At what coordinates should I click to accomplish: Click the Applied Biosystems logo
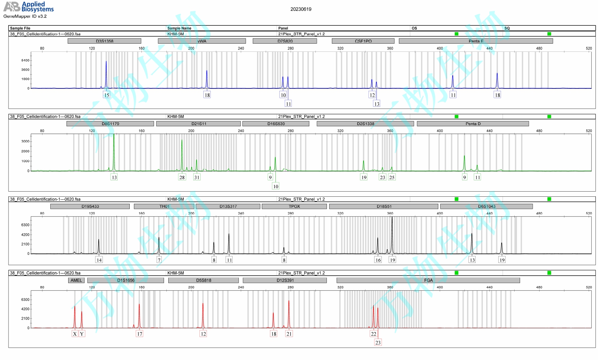(x=28, y=7)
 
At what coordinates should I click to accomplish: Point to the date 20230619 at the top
(x=301, y=9)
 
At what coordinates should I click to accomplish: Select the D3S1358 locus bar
(x=104, y=41)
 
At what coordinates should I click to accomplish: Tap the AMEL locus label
(x=76, y=280)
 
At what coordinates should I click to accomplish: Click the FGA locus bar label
(x=428, y=280)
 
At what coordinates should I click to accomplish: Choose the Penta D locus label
(x=473, y=124)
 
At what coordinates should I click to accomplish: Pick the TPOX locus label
(x=294, y=206)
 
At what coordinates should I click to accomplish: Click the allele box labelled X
(x=75, y=334)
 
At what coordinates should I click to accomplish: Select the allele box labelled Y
(x=82, y=334)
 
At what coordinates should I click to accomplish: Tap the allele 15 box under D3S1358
(x=106, y=95)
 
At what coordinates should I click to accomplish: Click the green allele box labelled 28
(x=182, y=177)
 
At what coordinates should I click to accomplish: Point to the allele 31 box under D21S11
(x=197, y=177)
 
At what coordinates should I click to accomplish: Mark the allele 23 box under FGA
(x=378, y=342)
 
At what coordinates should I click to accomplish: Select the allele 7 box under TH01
(x=159, y=260)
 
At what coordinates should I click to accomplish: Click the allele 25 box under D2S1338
(x=392, y=177)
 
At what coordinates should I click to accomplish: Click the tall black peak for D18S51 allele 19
(x=392, y=234)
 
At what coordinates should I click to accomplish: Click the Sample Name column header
(x=179, y=28)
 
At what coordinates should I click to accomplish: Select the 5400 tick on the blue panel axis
(x=25, y=60)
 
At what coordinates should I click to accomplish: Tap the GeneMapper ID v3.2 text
(x=25, y=16)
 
